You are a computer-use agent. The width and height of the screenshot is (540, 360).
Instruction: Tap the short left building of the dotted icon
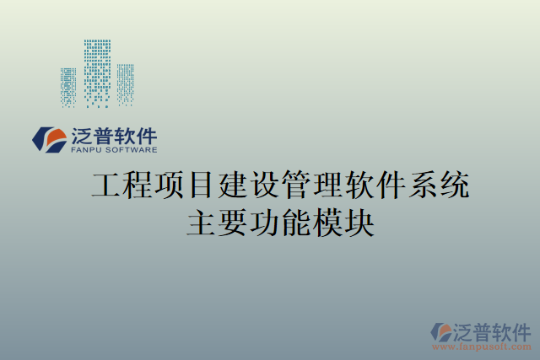68,87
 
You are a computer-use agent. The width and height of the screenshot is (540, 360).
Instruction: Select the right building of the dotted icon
125,83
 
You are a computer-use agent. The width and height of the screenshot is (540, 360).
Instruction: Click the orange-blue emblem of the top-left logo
50,140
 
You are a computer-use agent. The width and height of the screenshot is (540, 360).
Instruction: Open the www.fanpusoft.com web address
481,347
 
